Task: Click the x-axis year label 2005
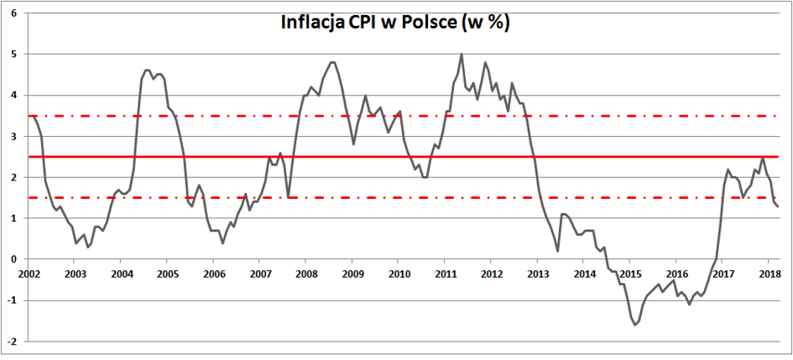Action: tap(167, 274)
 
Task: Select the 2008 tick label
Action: tap(306, 274)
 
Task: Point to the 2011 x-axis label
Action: tap(445, 274)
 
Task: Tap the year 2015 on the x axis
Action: tap(630, 274)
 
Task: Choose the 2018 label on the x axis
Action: tap(770, 274)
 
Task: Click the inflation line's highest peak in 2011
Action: tap(462, 55)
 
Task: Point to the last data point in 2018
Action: tap(777, 206)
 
